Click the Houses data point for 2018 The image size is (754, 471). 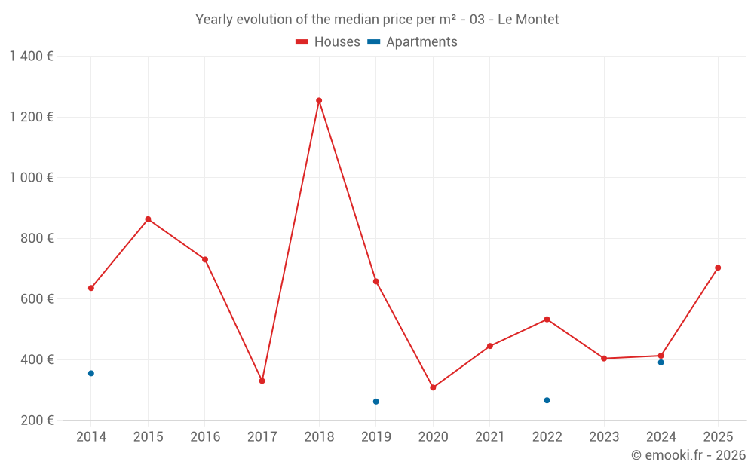tap(319, 101)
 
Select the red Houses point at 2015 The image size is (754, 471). tap(148, 219)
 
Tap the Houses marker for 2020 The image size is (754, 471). tap(433, 387)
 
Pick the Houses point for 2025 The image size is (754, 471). tap(718, 268)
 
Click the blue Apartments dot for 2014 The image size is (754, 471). tap(91, 374)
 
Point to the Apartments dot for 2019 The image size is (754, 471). tap(376, 402)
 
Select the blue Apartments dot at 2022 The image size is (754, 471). tap(547, 400)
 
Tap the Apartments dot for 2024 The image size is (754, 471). tap(661, 362)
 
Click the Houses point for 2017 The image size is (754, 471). tap(262, 381)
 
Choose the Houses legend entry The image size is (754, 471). tap(327, 42)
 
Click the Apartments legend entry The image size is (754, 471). tap(412, 42)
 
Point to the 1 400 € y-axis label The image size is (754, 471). tap(31, 57)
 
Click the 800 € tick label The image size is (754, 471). tap(36, 238)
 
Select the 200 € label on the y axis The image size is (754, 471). tap(36, 421)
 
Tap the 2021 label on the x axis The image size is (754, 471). tap(489, 437)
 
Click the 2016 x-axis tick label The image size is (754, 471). tap(205, 437)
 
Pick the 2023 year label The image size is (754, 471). tap(604, 437)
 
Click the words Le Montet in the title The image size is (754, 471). tap(528, 20)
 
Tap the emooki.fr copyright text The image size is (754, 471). tap(688, 455)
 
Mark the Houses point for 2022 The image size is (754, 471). tap(547, 320)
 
